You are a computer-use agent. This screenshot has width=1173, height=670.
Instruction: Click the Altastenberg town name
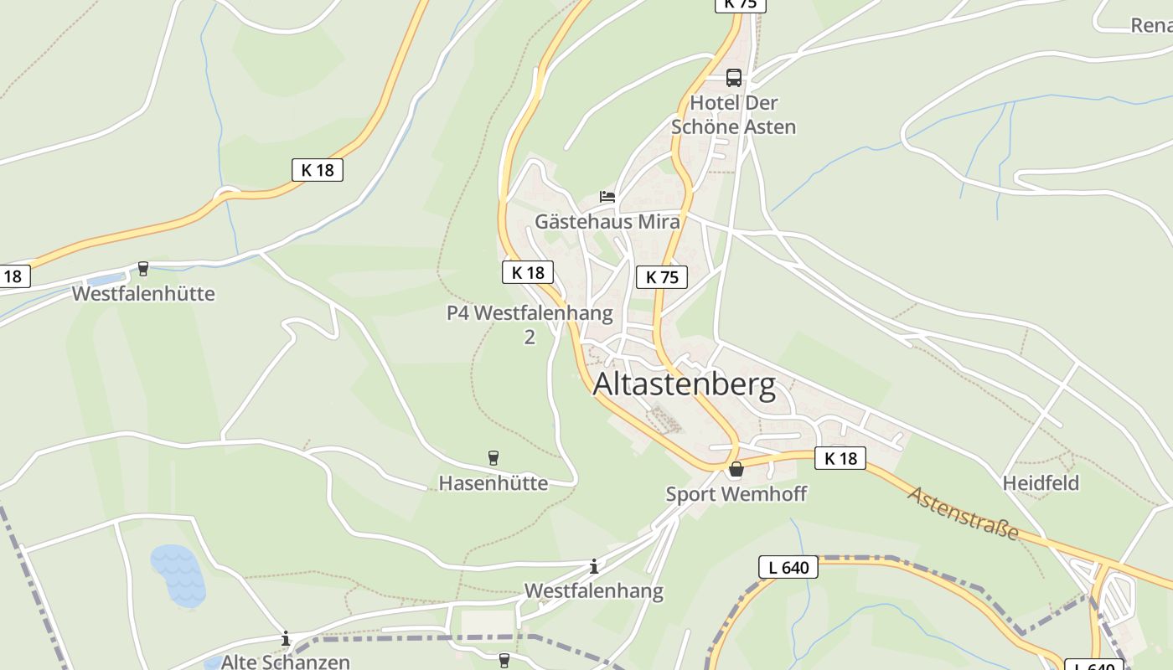tap(684, 385)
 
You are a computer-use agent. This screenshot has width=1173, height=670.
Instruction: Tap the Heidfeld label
tap(1041, 483)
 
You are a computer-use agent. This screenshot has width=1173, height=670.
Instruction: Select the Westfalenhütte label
tap(143, 294)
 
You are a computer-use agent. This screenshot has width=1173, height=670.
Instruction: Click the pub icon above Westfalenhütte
tap(143, 269)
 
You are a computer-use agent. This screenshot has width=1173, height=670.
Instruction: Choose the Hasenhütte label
tap(493, 483)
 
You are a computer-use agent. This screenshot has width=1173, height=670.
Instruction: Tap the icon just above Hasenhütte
tap(493, 458)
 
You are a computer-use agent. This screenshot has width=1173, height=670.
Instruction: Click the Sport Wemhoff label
tap(736, 494)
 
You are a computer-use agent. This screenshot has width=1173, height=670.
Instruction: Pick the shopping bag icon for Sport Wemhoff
tap(736, 469)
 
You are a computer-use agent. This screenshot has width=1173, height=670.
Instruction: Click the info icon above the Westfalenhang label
tap(594, 566)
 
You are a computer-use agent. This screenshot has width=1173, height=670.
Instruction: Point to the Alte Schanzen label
tap(285, 662)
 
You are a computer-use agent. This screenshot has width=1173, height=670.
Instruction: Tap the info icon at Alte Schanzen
tap(285, 639)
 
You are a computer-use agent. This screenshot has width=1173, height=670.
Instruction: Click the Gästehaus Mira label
tap(607, 222)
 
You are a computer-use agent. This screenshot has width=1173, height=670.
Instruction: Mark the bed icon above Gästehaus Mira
tap(607, 198)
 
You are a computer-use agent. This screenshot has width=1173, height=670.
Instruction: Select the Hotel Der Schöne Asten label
tap(733, 115)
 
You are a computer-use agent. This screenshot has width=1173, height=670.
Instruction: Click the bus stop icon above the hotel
tap(734, 78)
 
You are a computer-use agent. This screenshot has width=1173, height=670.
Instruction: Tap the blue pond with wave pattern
tap(178, 575)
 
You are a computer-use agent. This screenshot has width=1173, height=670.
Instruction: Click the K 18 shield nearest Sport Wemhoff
tap(840, 458)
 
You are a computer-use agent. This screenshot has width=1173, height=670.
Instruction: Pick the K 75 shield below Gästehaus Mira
tap(662, 277)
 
